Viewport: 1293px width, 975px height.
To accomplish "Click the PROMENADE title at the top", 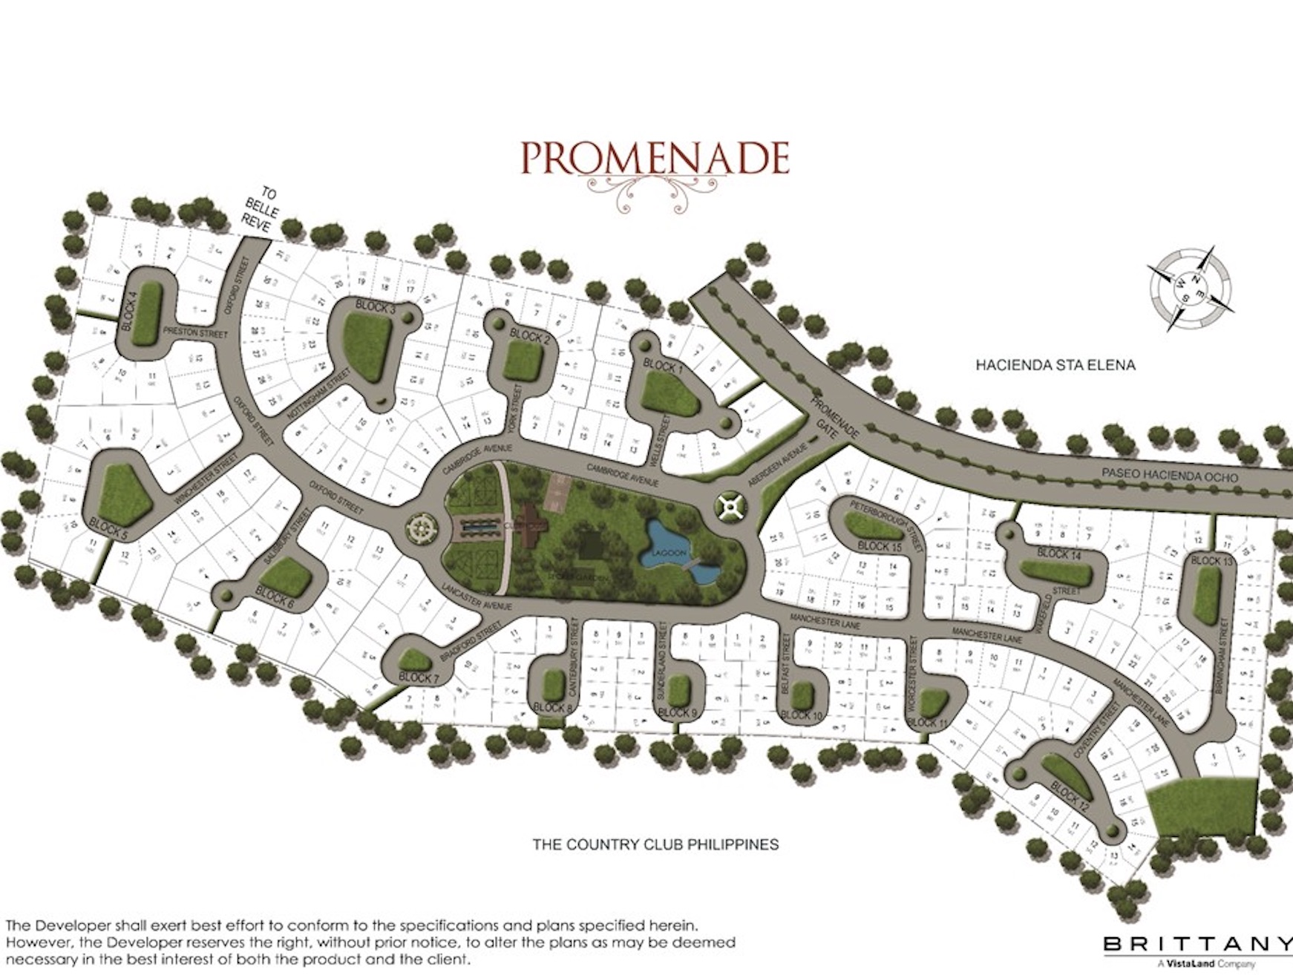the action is click(x=654, y=158).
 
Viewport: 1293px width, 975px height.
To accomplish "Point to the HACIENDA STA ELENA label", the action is click(x=1055, y=365).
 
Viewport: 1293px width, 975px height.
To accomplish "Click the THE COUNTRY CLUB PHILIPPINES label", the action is click(x=655, y=844).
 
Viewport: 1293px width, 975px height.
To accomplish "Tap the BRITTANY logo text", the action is click(x=1197, y=944).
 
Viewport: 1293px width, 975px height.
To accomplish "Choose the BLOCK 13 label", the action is click(x=1211, y=561).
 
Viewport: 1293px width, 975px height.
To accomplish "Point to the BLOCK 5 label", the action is click(x=108, y=528).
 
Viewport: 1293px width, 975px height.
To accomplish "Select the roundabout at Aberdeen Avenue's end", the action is click(x=731, y=507).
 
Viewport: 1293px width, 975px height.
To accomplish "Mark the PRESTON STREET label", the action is click(x=194, y=333).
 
